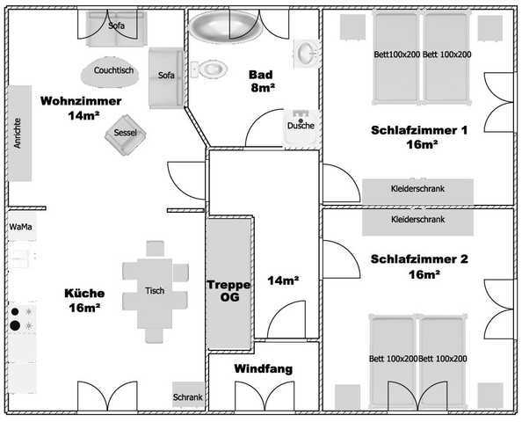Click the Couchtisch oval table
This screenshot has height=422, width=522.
tap(110, 71)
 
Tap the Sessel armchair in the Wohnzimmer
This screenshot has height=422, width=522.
tap(125, 135)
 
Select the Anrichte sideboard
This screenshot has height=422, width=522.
tap(19, 134)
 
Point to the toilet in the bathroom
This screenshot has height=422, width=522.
tap(209, 69)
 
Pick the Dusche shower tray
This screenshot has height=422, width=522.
tap(302, 127)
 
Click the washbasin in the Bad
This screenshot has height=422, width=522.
tap(306, 54)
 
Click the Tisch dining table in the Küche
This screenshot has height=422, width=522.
tap(155, 292)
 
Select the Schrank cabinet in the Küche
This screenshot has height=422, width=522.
tap(188, 395)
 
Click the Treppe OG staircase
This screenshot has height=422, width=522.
tap(228, 283)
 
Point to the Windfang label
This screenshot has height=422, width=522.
tap(264, 368)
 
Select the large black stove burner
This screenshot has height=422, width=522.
tap(15, 325)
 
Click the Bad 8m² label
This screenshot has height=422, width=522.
tap(262, 81)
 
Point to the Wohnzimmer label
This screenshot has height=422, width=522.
tap(81, 100)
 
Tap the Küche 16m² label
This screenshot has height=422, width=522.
tap(84, 301)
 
